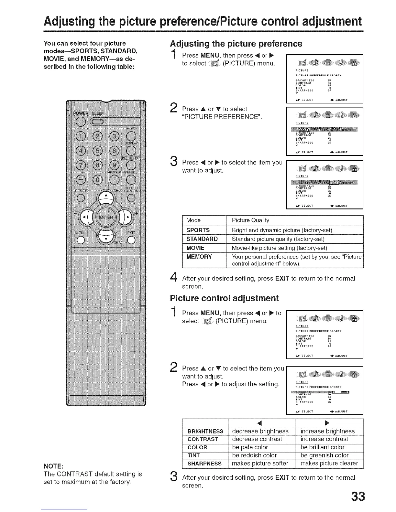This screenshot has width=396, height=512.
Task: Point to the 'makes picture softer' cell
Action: click(x=260, y=464)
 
